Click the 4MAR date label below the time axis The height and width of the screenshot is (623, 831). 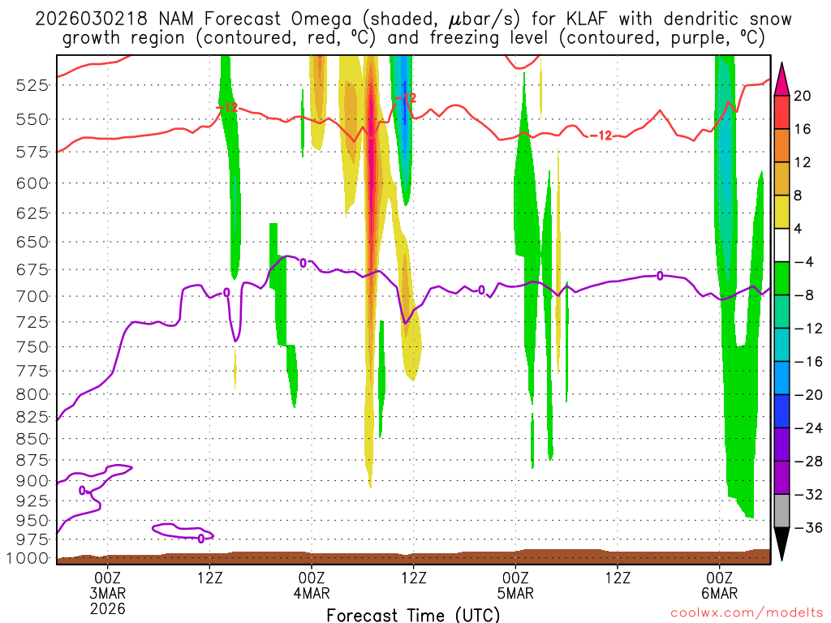311,592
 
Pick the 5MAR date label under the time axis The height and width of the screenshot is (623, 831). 515,592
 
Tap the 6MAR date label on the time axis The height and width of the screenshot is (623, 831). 720,592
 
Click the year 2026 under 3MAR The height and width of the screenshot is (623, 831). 108,608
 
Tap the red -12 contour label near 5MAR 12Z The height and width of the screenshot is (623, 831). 600,135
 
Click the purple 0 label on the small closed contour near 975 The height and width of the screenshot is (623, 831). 201,538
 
